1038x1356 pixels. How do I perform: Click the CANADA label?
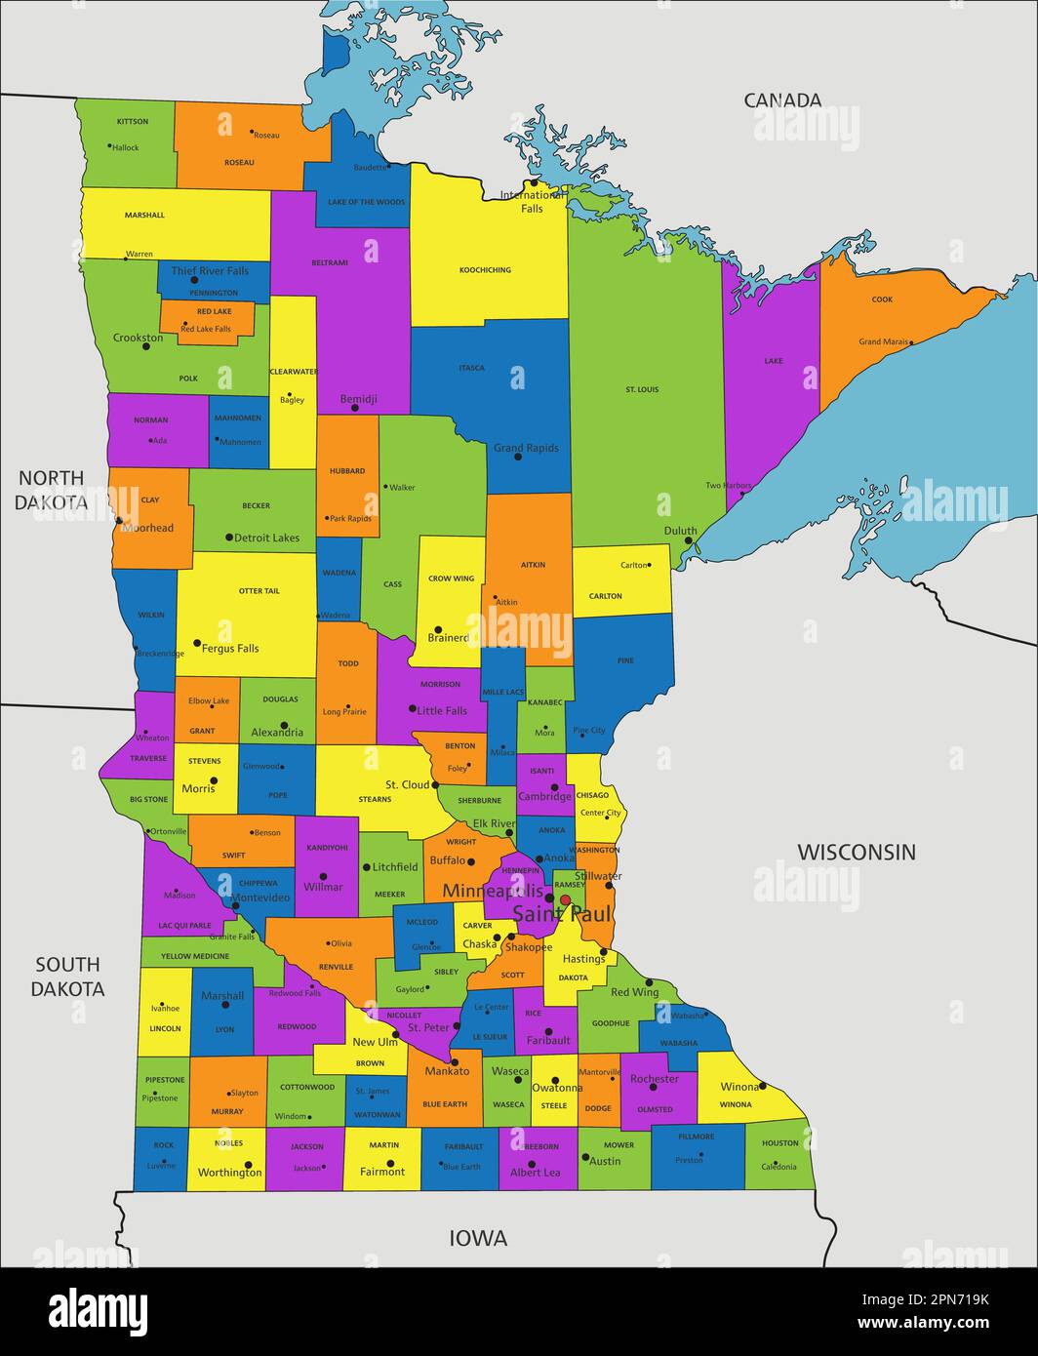[x=782, y=100]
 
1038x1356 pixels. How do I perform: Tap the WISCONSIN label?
[x=857, y=852]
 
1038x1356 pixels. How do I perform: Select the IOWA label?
[x=478, y=1238]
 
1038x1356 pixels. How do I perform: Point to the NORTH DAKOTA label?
[x=52, y=490]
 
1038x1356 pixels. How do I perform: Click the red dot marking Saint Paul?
[x=565, y=900]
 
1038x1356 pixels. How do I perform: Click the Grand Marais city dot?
[x=910, y=342]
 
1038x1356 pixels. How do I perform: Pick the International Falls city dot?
[x=534, y=182]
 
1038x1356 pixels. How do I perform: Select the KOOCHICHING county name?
[x=485, y=270]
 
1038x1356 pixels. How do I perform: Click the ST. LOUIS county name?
[x=642, y=389]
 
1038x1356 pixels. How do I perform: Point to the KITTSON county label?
[x=133, y=122]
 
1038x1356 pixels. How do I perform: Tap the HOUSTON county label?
[x=779, y=1142]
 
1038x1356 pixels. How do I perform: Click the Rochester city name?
[x=654, y=1079]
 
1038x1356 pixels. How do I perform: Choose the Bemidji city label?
[x=358, y=399]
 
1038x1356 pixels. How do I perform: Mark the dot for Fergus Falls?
[x=197, y=643]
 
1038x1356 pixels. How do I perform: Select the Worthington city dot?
[x=249, y=1164]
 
